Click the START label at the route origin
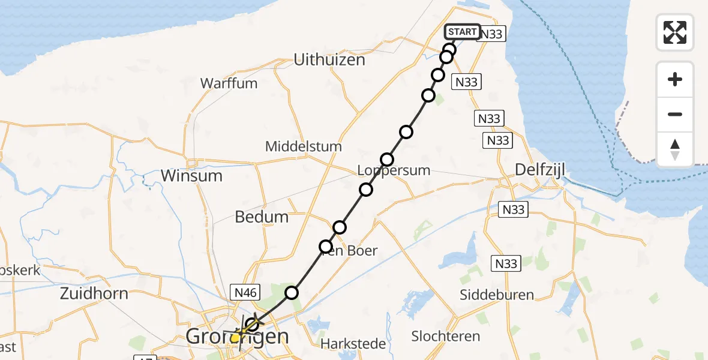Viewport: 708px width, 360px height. point(462,32)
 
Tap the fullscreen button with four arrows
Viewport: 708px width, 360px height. point(675,32)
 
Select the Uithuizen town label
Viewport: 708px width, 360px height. point(329,60)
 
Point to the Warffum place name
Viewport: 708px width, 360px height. point(229,83)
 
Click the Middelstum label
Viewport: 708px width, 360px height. point(304,146)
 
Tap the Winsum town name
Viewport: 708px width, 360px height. point(192,176)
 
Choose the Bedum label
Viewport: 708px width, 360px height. point(262,217)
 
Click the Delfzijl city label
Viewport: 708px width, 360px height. point(537,170)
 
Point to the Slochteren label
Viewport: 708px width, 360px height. point(446,336)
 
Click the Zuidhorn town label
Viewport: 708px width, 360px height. point(94,293)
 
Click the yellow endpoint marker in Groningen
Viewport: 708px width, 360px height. point(236,338)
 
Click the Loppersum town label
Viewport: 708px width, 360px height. point(394,170)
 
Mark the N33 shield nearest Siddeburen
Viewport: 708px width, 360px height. point(505,263)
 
